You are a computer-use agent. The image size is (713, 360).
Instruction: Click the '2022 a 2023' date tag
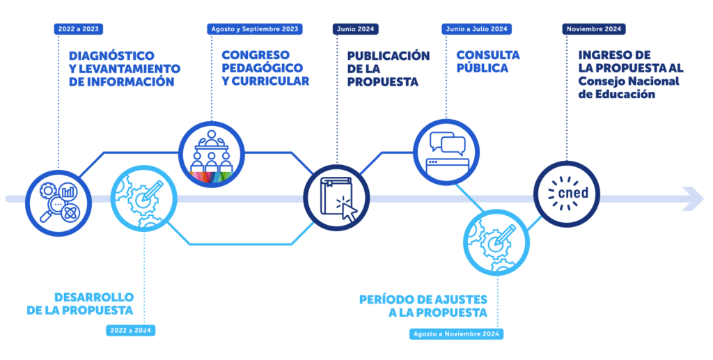(79, 29)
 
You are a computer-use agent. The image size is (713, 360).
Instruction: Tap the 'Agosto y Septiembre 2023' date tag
(255, 29)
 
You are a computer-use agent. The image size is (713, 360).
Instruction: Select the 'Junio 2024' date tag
(356, 29)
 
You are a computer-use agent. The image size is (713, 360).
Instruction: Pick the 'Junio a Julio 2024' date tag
(476, 29)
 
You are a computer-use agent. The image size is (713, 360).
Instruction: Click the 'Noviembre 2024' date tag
(594, 29)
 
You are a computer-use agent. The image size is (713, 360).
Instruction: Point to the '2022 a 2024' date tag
(130, 331)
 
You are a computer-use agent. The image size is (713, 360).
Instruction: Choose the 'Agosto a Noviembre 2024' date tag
(456, 334)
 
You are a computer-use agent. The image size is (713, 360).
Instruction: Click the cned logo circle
(567, 194)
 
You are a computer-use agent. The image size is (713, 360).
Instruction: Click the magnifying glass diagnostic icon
(58, 203)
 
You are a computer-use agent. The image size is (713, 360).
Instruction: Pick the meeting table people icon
(212, 155)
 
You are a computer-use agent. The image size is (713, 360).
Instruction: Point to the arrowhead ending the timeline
(694, 198)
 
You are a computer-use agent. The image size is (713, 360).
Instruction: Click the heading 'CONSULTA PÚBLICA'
(488, 61)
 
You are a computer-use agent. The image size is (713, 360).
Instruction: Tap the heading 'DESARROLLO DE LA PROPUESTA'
(81, 304)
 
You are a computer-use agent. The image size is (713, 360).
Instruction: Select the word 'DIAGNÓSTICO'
(112, 56)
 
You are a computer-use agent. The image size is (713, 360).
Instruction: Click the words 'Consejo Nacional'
(629, 81)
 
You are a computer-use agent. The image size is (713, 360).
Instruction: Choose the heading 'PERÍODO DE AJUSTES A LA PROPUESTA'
(423, 306)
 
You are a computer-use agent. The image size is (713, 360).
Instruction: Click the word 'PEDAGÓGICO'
(263, 68)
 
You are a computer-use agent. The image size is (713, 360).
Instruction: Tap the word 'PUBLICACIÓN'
(389, 56)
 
